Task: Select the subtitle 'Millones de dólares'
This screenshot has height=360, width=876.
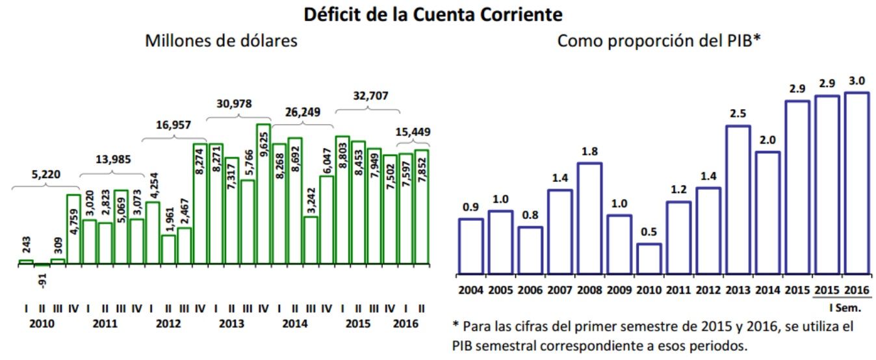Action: [221, 41]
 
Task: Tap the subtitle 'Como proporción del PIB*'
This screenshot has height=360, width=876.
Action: [659, 41]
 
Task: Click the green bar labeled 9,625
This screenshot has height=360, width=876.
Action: [263, 194]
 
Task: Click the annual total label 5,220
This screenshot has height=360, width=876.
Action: [44, 174]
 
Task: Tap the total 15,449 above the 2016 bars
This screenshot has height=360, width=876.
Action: [413, 133]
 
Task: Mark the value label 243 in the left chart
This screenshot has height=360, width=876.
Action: [26, 246]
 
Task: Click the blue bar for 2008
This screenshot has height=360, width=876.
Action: [589, 218]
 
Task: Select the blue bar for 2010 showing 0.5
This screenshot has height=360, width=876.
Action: [649, 259]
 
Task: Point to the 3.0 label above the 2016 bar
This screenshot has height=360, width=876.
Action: [856, 81]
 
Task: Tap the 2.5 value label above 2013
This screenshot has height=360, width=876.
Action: [738, 114]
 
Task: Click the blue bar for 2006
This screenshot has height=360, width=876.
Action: [530, 250]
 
